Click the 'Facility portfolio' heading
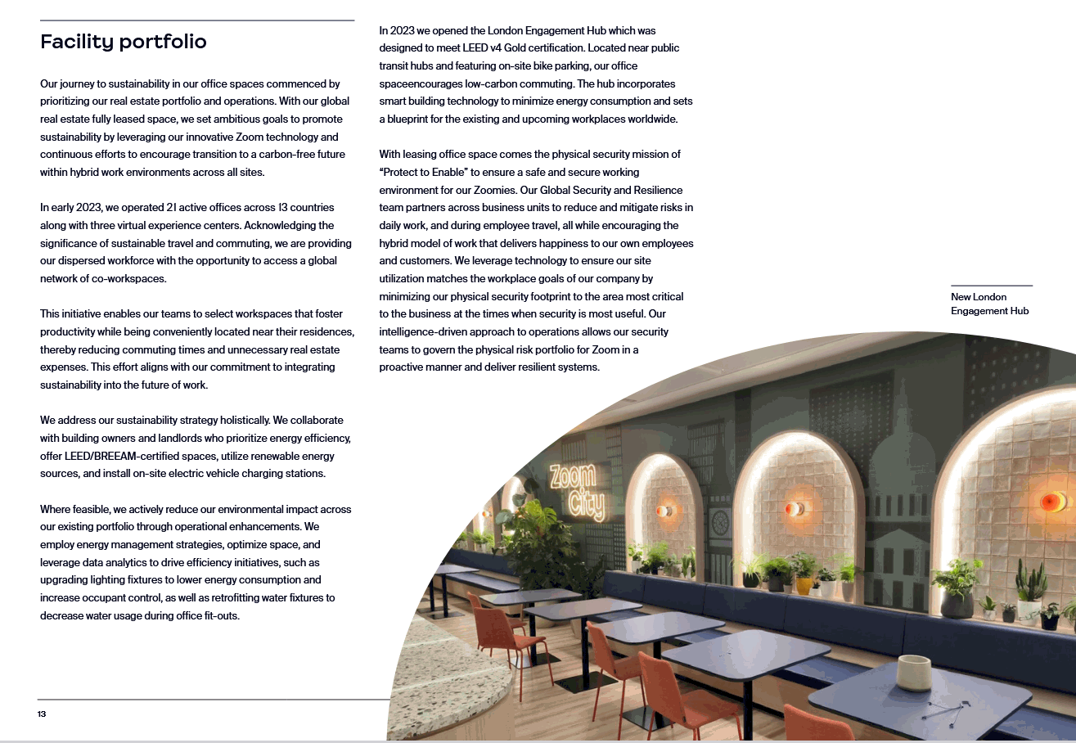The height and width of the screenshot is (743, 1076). pos(124,42)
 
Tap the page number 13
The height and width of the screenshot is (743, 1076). pos(42,714)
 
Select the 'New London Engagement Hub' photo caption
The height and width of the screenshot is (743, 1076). pos(989,304)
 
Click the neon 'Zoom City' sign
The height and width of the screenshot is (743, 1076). pos(576,492)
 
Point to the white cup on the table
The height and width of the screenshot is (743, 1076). pos(914,673)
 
